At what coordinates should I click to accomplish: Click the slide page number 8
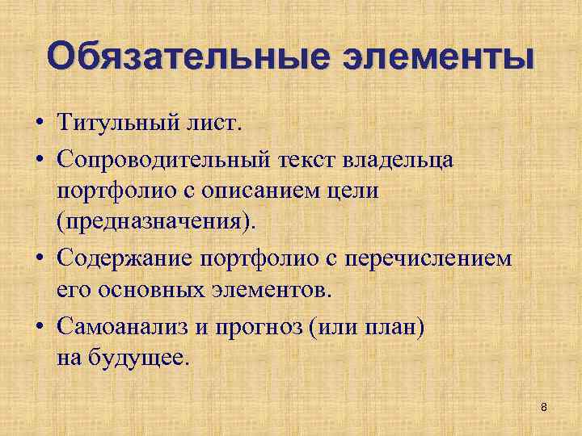pos(544,407)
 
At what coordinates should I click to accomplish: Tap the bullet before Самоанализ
pos(39,326)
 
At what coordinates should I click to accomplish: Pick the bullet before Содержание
pos(39,259)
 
